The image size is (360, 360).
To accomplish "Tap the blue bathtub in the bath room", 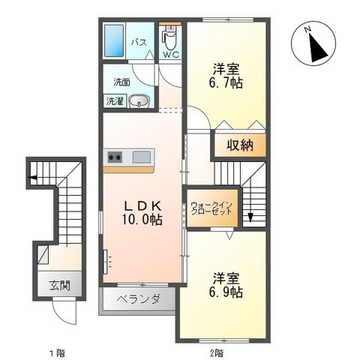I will tap(115, 43).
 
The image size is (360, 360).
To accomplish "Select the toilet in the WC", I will tap(170, 36).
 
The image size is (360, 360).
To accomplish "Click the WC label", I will tap(170, 55).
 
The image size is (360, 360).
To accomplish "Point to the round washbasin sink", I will tap(136, 101).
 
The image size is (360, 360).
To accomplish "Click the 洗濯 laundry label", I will tap(115, 100).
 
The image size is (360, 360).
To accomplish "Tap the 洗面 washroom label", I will tap(122, 82).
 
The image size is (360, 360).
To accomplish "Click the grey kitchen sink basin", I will tap(142, 157).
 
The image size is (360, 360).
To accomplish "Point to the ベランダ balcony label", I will tap(139, 299).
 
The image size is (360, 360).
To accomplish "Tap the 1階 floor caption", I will tap(55, 351).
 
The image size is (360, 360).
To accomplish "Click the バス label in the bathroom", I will tap(139, 43).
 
